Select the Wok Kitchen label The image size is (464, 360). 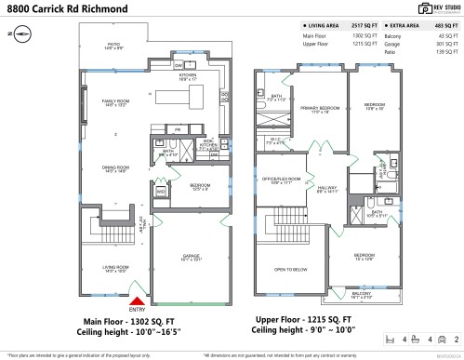point(208,144)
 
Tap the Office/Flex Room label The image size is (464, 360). point(280,180)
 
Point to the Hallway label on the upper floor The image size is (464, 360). point(326,190)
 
